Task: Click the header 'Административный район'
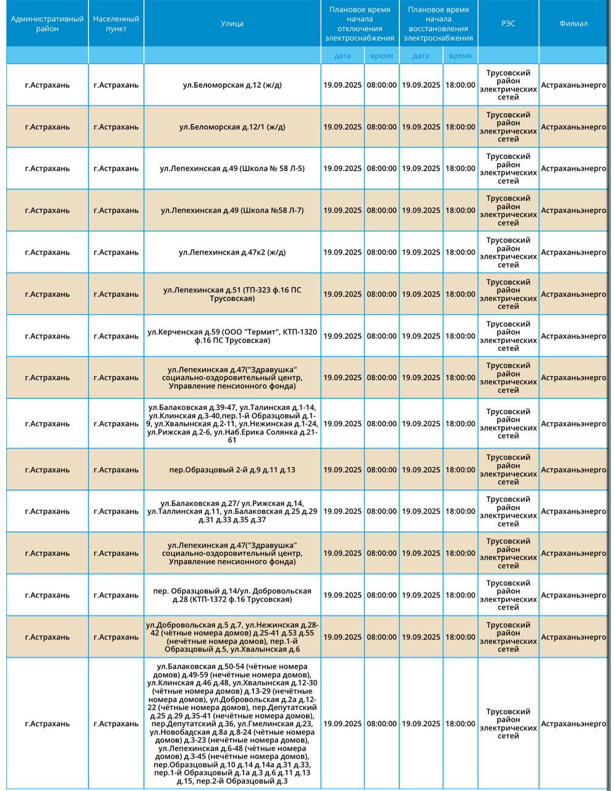47,23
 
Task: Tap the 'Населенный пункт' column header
116,23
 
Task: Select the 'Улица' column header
232,23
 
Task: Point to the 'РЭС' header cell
508,23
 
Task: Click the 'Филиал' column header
573,23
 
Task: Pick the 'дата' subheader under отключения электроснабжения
342,56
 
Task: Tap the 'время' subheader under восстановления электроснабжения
460,56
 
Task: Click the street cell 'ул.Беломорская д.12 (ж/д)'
232,85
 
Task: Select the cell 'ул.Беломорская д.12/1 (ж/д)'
232,127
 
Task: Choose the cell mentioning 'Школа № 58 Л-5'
232,169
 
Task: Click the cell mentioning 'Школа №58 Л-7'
232,211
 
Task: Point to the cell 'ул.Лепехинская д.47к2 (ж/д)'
232,252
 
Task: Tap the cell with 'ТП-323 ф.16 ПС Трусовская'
232,294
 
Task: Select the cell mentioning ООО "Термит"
232,336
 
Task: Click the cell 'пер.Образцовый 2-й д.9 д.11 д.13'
232,470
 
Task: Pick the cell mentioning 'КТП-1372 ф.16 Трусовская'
232,595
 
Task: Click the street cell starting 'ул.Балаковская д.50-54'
232,724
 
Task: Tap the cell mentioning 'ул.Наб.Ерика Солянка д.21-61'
232,424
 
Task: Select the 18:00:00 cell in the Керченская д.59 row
460,336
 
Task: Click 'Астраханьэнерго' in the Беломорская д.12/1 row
573,127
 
